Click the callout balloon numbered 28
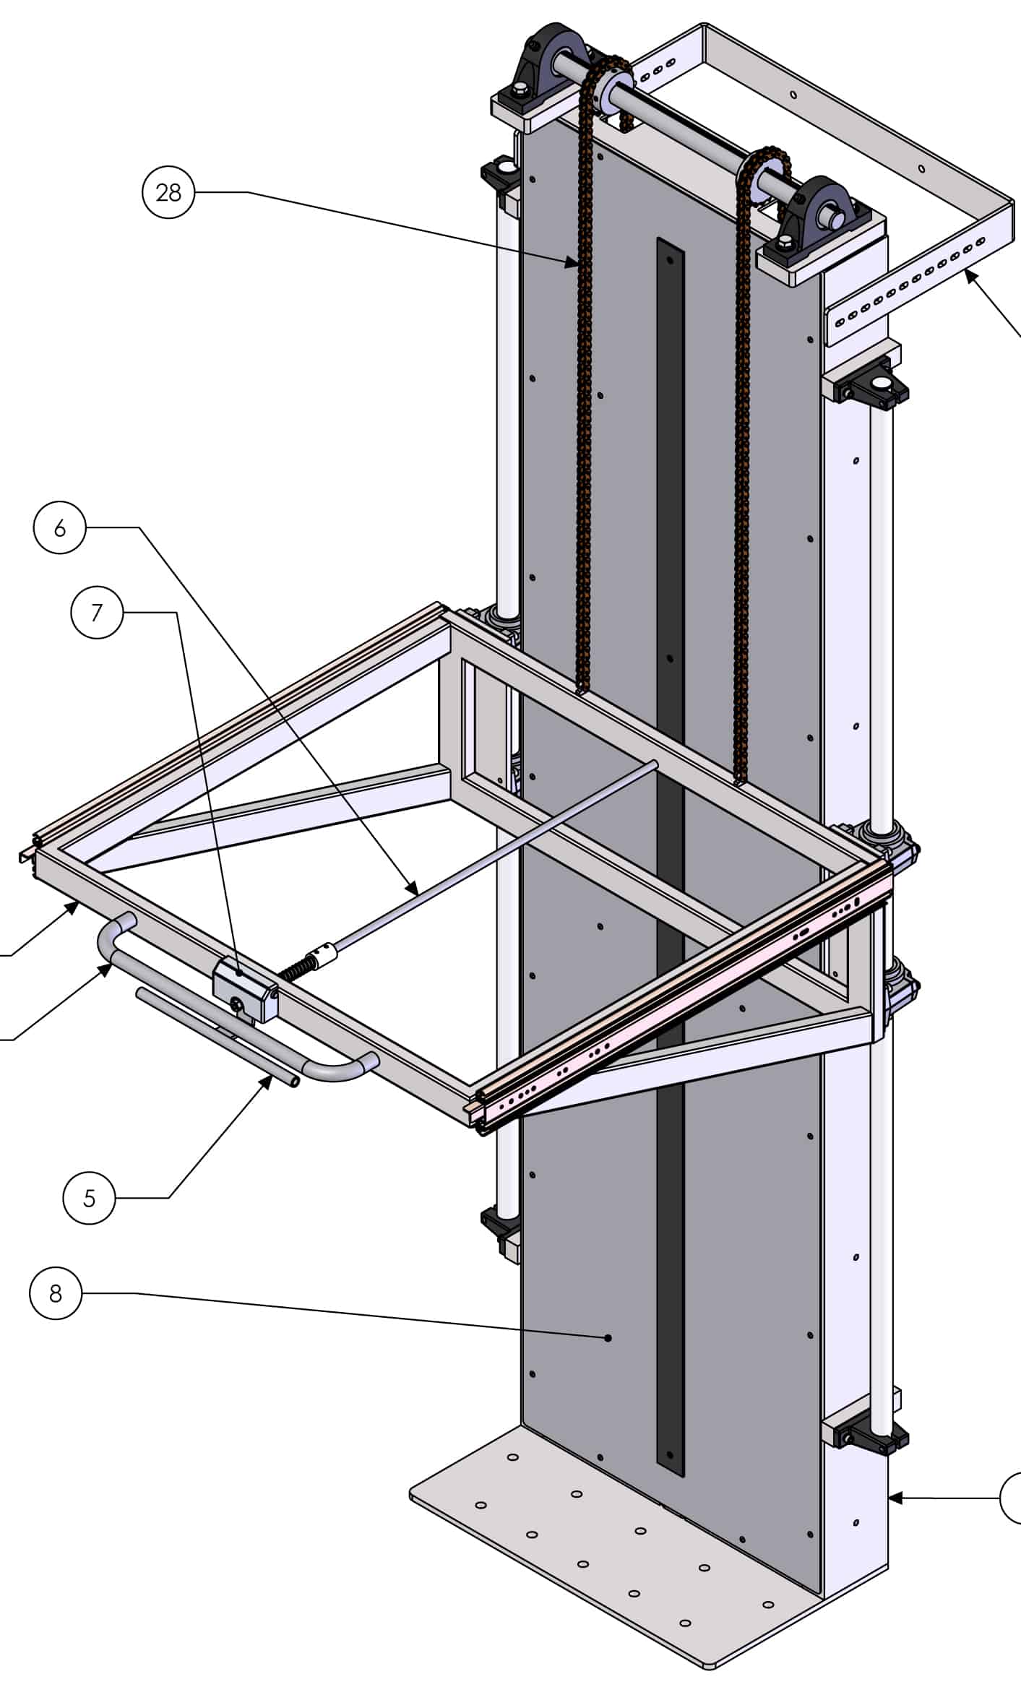point(168,192)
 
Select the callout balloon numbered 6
point(60,528)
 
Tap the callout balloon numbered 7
point(97,613)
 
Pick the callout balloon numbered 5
point(89,1198)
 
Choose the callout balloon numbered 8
point(56,1293)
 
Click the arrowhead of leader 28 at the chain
point(575,264)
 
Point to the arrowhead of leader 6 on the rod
point(413,891)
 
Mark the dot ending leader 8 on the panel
point(608,1338)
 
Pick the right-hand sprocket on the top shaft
point(764,177)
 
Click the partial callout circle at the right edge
point(1012,1498)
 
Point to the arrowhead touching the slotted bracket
point(969,273)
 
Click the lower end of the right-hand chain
point(739,779)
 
